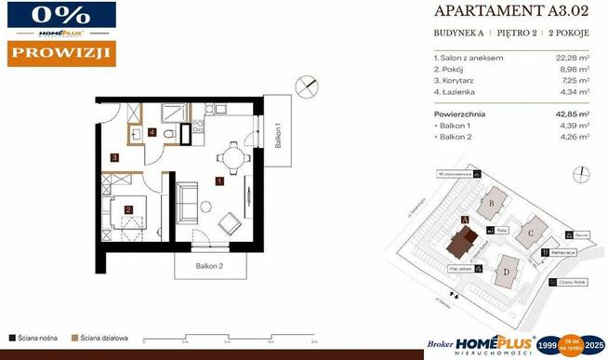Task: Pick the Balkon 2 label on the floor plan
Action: tap(209, 266)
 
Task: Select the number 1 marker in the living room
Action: tap(218, 181)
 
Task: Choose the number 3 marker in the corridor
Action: tap(113, 158)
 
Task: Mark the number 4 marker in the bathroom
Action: tap(152, 131)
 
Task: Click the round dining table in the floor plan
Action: tap(230, 157)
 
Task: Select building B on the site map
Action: tap(491, 200)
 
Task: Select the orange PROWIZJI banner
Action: tap(60, 53)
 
